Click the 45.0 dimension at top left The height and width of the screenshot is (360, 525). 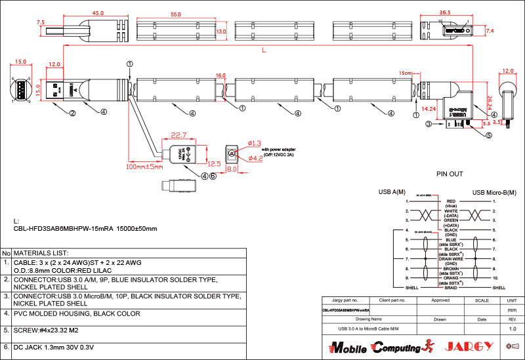coord(98,13)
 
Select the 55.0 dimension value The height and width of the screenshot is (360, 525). coord(175,14)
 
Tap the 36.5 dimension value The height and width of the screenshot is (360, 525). coord(445,13)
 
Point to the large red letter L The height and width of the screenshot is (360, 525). coord(263,50)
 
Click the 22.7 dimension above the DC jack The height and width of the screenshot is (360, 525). coord(179,135)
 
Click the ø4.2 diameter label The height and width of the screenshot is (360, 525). coord(255,158)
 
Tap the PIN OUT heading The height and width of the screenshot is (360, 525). coord(450,174)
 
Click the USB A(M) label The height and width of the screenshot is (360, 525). coord(392,192)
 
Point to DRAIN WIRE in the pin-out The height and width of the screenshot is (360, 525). coord(451,258)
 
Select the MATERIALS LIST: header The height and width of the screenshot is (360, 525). coord(41,252)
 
